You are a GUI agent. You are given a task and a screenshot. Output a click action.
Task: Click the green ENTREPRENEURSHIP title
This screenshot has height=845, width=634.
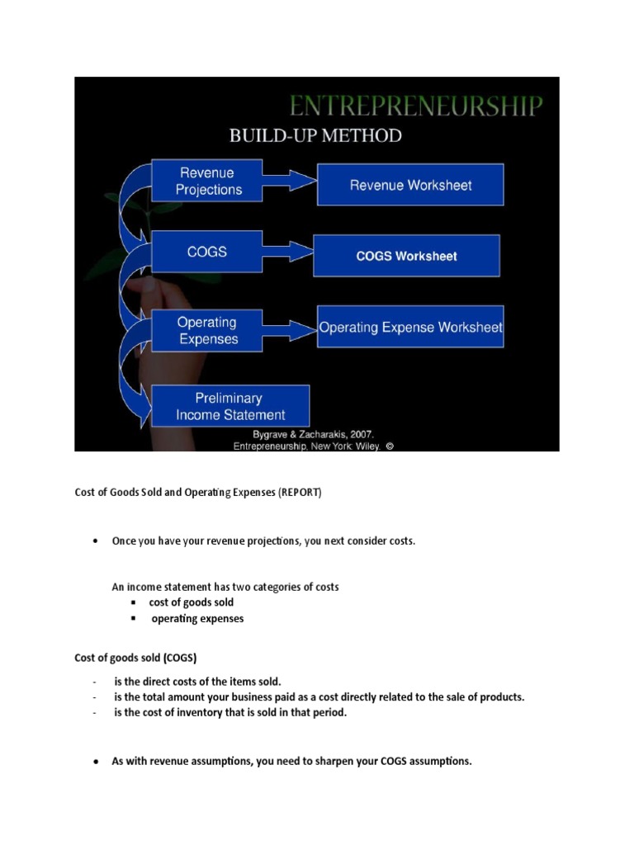pyautogui.click(x=415, y=106)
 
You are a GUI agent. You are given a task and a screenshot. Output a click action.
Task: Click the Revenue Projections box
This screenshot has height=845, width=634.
pyautogui.click(x=208, y=182)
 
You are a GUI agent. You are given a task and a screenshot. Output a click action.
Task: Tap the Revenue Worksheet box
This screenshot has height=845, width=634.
pyautogui.click(x=410, y=186)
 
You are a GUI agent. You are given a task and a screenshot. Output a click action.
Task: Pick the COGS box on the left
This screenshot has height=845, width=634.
pyautogui.click(x=207, y=251)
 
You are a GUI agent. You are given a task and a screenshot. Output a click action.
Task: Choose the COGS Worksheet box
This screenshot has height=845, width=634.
pyautogui.click(x=406, y=256)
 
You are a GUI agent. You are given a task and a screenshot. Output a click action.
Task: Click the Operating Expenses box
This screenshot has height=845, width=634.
pyautogui.click(x=207, y=331)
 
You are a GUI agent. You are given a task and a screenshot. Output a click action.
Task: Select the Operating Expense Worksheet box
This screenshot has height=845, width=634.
pyautogui.click(x=410, y=327)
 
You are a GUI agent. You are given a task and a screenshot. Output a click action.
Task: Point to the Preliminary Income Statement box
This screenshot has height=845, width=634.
pyautogui.click(x=230, y=407)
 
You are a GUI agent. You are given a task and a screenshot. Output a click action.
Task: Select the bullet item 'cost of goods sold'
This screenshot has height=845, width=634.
pyautogui.click(x=191, y=602)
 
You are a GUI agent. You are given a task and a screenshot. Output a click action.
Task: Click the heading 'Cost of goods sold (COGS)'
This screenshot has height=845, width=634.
pyautogui.click(x=135, y=658)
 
